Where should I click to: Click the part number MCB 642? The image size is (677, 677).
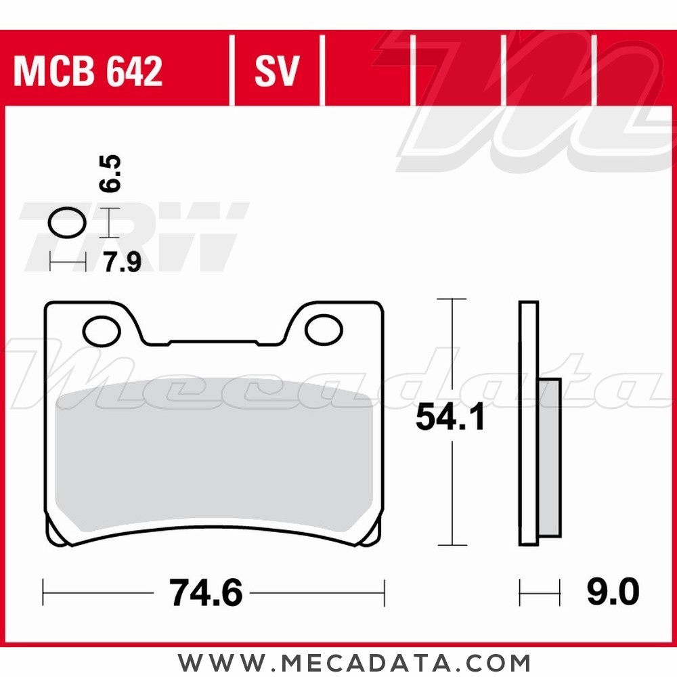(88, 71)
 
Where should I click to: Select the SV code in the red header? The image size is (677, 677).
(277, 71)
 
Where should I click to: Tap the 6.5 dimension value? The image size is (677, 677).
(113, 173)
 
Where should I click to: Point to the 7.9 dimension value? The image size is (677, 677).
(122, 262)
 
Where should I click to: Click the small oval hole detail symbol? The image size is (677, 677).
(68, 222)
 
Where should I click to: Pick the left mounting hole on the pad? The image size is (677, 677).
(102, 330)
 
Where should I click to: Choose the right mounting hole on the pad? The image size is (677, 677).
(324, 330)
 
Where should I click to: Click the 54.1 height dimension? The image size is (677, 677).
(450, 418)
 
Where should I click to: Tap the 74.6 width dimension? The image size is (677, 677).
(206, 594)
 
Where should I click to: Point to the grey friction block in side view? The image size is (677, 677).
(550, 457)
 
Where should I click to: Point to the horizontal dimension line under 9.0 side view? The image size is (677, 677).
(540, 594)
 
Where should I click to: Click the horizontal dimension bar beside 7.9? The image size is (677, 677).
(68, 262)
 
